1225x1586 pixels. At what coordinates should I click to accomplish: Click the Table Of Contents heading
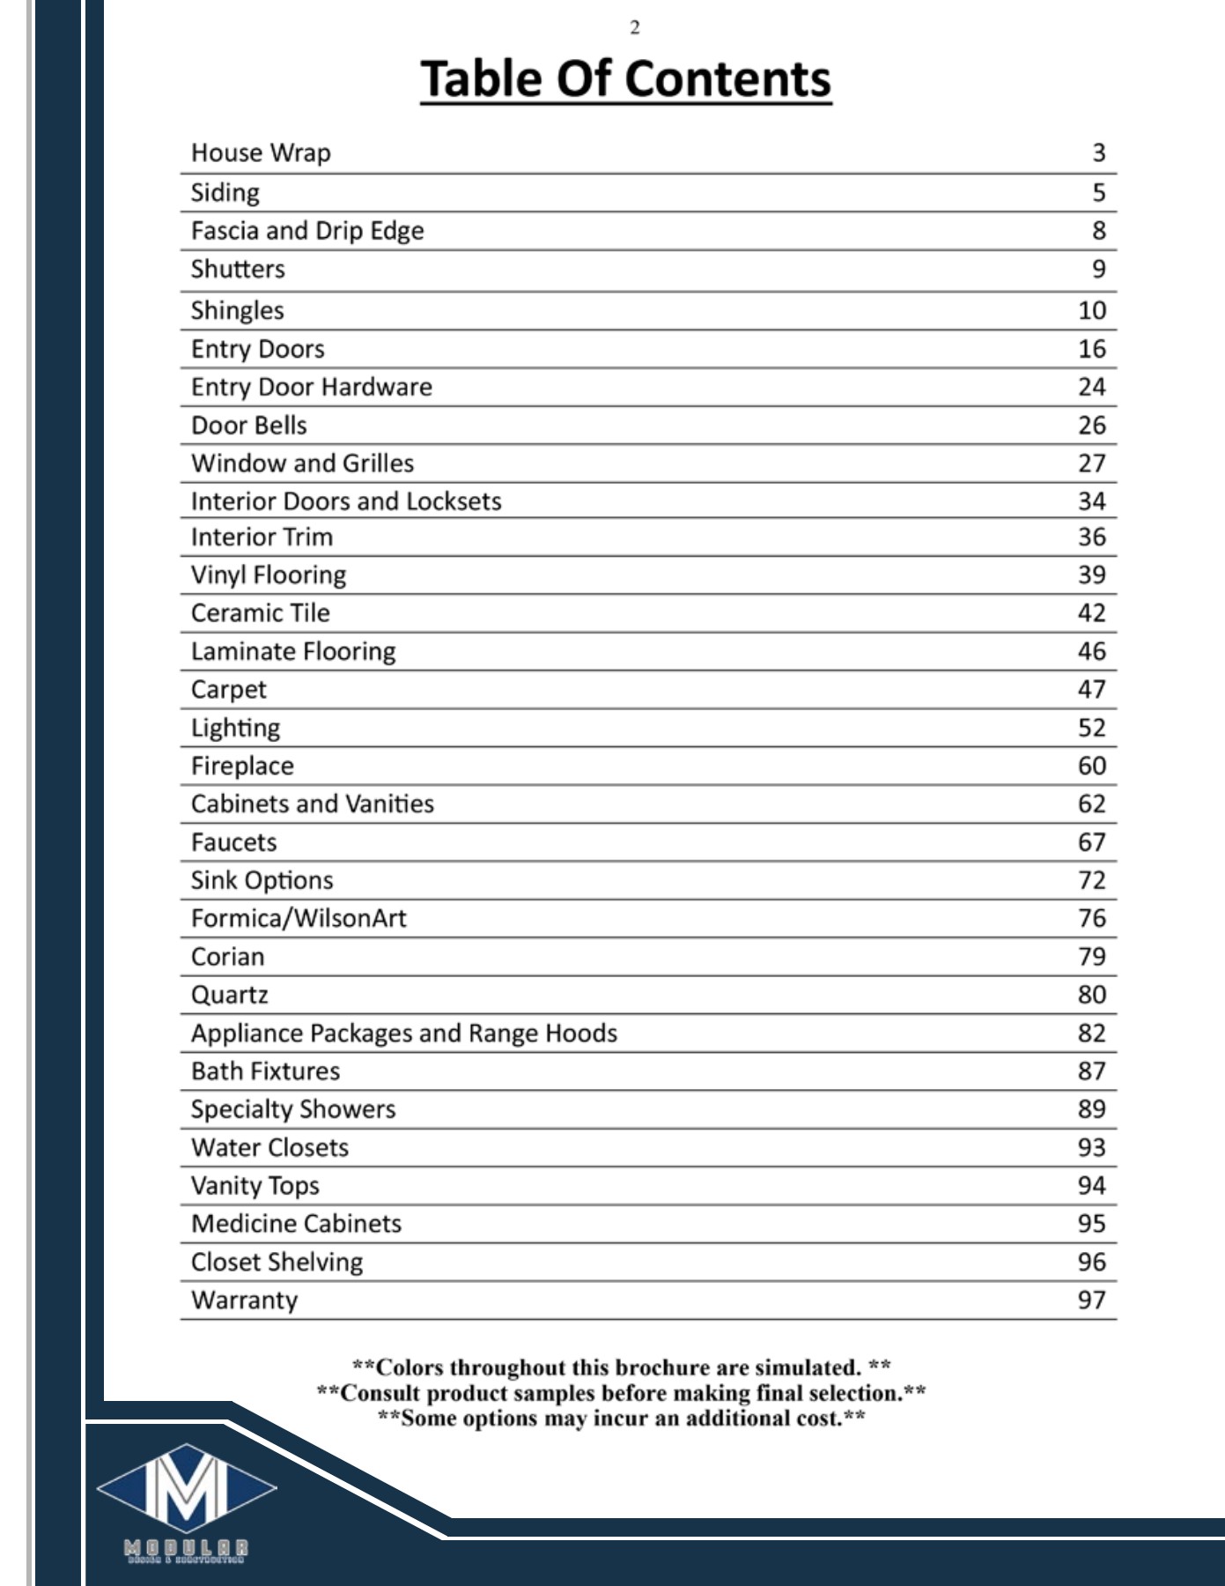625,78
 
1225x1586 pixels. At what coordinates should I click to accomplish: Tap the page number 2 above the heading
634,28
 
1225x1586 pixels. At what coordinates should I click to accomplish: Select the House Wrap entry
261,153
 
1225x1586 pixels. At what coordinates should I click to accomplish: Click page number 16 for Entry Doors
1091,349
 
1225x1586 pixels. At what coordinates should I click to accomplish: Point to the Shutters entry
238,269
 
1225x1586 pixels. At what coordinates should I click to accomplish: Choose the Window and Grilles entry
302,463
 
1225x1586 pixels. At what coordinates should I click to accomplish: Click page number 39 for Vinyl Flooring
1091,575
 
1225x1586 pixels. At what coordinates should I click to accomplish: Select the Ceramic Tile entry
260,613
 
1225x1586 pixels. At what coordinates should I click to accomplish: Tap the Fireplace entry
242,766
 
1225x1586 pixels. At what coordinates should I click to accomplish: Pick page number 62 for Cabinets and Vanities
1091,804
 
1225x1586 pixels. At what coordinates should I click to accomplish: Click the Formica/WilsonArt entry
299,918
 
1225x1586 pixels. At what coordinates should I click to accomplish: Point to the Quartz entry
229,995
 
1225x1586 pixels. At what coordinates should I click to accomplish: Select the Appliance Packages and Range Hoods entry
404,1033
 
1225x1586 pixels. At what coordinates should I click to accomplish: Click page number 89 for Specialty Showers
1091,1109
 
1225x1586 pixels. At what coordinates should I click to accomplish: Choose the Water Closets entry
269,1147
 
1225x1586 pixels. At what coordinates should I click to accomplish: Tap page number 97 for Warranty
1091,1301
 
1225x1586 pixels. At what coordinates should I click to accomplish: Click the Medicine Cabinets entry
296,1224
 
